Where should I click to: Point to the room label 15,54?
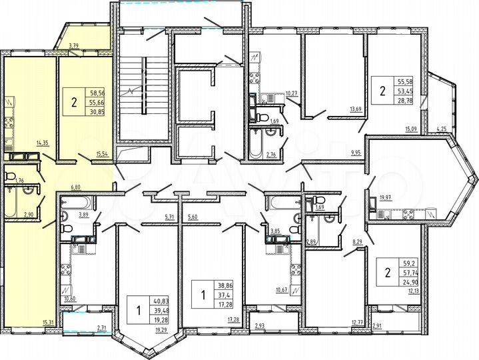103,154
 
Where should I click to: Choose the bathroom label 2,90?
29,214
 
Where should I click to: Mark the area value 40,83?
161,301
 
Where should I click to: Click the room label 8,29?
357,246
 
